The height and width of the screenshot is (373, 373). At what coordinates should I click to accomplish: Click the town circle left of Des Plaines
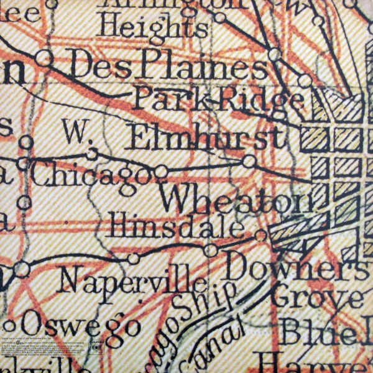click(44, 58)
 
